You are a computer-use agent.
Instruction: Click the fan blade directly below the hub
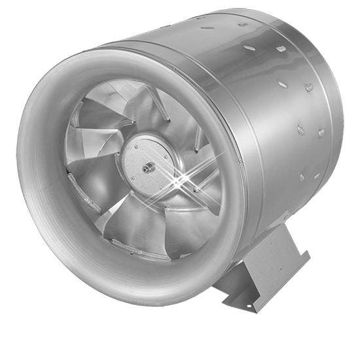point(141,223)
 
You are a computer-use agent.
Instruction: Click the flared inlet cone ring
point(39,164)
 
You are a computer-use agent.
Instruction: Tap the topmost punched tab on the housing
point(243,25)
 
